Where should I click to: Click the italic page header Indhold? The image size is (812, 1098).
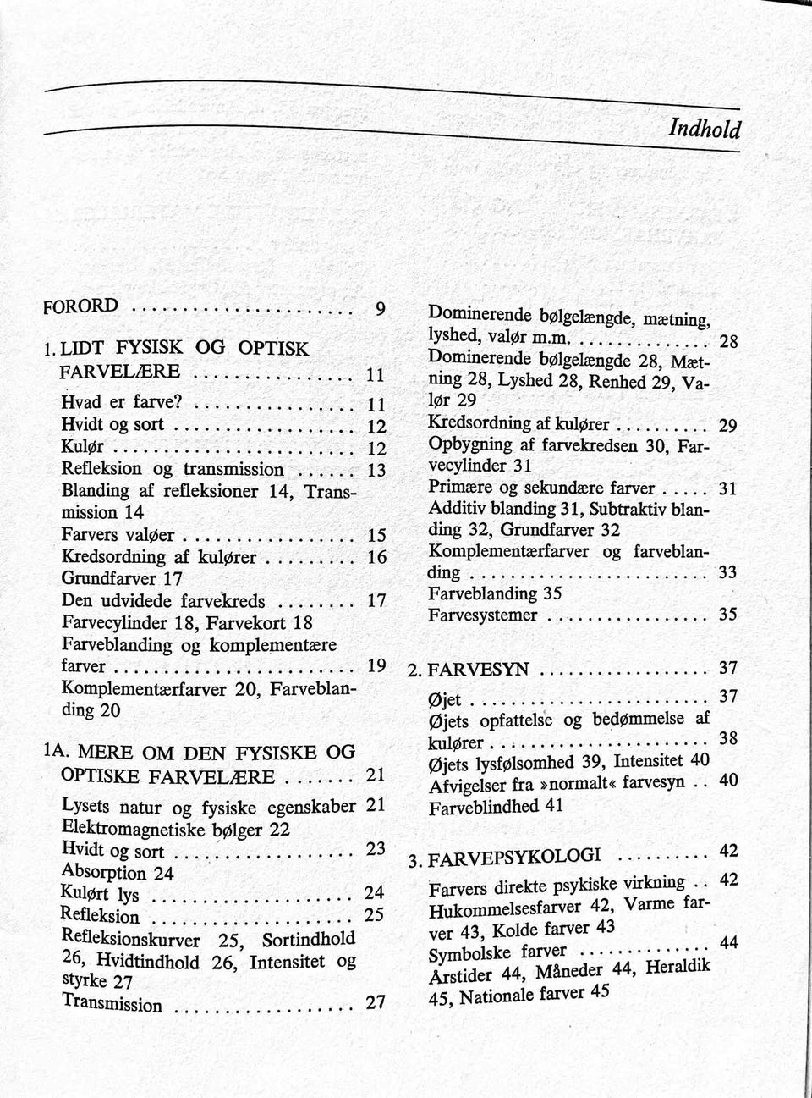point(704,129)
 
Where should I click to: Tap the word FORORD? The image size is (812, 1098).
point(80,306)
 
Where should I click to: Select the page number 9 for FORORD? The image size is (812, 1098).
point(381,308)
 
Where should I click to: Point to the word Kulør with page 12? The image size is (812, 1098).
point(82,446)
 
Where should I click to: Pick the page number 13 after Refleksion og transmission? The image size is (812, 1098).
point(377,470)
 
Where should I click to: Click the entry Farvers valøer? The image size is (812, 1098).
point(118,535)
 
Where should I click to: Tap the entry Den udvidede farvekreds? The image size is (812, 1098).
point(163,601)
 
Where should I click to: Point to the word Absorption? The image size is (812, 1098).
point(104,871)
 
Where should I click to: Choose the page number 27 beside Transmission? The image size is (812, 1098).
point(376,1002)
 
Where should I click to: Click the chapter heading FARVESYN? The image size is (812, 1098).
point(479,670)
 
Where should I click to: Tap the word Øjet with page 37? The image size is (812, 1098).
point(445,700)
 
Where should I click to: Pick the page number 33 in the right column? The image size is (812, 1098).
point(727,573)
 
